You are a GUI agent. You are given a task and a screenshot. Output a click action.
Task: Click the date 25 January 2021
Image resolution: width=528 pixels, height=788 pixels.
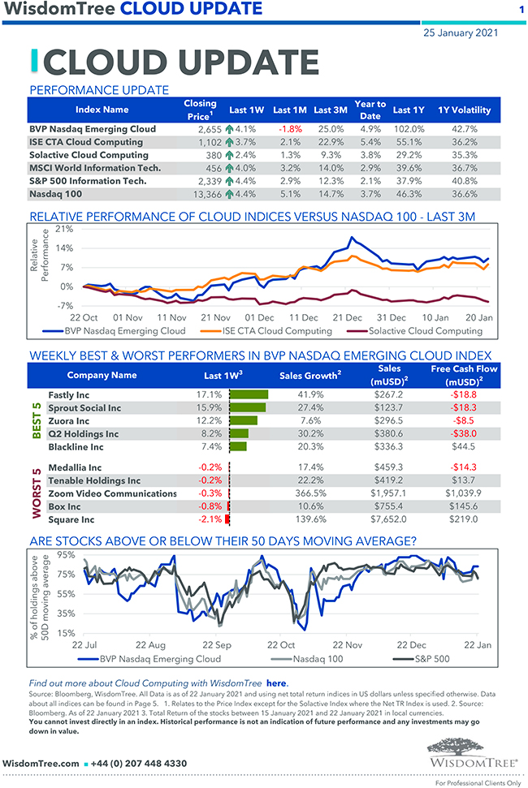(461, 32)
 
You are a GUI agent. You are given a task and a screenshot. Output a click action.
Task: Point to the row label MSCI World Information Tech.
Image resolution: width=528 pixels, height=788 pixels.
(95, 168)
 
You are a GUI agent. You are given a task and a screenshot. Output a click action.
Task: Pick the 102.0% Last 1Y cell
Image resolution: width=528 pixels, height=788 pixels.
(409, 128)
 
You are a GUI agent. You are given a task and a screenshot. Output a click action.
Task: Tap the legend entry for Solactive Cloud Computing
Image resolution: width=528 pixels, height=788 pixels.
(422, 331)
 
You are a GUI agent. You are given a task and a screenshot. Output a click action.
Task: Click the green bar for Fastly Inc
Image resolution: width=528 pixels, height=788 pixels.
(249, 394)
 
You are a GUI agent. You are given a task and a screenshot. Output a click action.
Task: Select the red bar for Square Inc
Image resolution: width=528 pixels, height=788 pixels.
(228, 519)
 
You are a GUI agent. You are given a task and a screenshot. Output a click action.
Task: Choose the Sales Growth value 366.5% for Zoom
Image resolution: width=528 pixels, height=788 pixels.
(308, 493)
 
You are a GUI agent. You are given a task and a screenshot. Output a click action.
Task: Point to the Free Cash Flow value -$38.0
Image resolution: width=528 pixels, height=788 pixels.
(465, 433)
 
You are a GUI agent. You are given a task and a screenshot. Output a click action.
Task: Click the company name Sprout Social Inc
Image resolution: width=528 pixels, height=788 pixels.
(84, 407)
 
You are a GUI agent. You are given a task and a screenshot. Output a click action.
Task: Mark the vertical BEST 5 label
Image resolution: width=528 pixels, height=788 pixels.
(36, 420)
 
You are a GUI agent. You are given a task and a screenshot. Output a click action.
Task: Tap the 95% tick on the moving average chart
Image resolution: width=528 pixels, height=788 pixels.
(67, 555)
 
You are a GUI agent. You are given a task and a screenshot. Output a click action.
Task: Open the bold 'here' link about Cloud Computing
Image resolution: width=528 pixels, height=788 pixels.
(277, 683)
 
